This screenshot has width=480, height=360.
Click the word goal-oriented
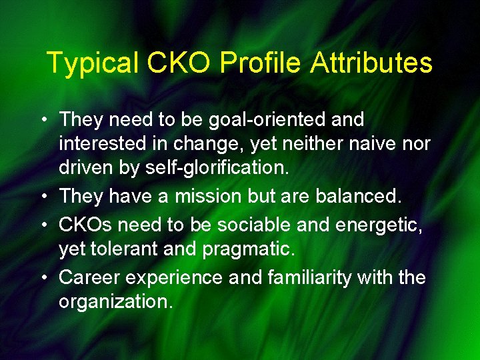pos(267,120)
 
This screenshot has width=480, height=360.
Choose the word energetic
pos(381,225)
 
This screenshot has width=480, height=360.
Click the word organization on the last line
pos(115,301)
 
